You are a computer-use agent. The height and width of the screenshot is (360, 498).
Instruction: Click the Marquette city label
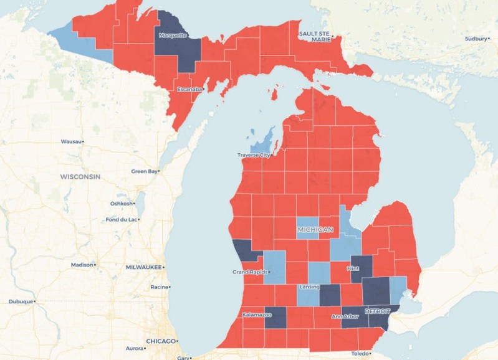coord(173,35)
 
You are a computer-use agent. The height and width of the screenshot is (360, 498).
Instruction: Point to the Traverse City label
coord(254,154)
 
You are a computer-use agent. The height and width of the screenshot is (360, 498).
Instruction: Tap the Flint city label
coord(353,268)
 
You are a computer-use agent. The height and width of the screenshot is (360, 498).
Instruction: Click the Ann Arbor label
coord(344,316)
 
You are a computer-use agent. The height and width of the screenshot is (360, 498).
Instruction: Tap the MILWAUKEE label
coord(143,267)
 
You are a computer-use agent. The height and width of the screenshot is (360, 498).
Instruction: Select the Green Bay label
coord(144,171)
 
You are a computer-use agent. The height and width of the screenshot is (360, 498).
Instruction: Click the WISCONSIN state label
coord(80,177)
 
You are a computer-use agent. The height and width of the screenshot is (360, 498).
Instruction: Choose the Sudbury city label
coord(474,38)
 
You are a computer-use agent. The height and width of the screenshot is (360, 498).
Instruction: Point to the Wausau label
coord(71,141)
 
